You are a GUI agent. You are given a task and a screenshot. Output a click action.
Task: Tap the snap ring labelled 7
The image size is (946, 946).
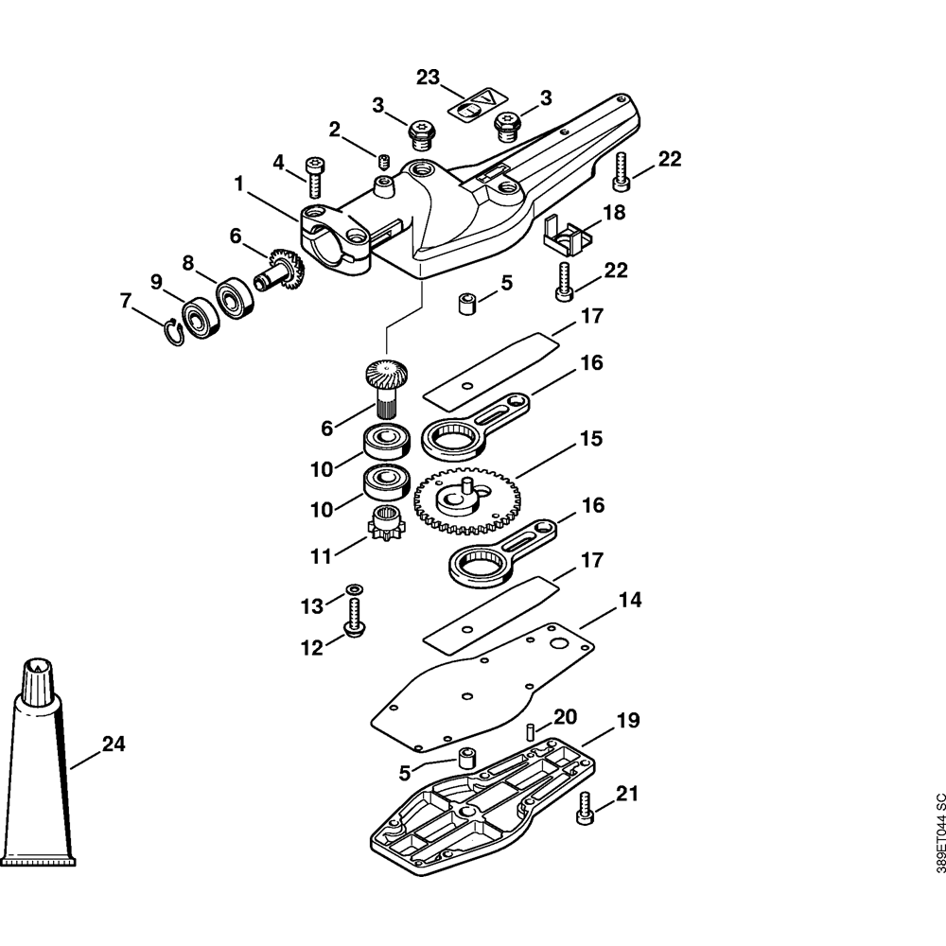click(174, 332)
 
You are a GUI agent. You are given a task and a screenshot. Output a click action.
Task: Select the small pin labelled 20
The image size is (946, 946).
click(531, 731)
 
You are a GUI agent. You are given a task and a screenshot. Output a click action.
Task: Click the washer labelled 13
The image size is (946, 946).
click(353, 587)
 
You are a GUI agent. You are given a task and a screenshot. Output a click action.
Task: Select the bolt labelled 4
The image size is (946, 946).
click(314, 178)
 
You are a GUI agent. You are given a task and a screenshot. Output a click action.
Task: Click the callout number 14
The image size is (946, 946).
click(629, 600)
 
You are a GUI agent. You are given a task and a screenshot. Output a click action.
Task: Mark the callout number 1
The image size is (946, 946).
click(239, 184)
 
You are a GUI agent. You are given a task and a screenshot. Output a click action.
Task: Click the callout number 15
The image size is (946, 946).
click(590, 438)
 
